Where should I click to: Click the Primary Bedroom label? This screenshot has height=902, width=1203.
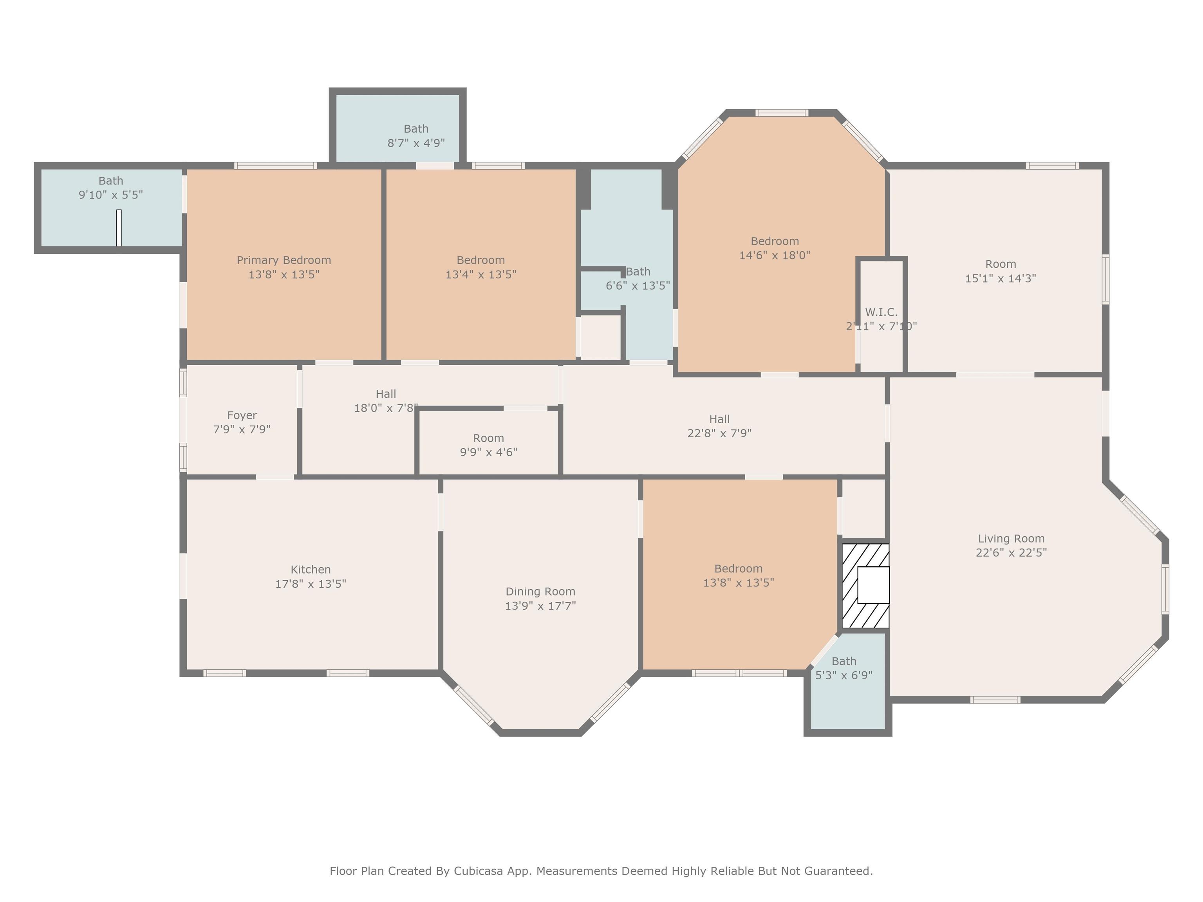(x=284, y=260)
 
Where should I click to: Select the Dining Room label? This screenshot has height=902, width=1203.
(x=540, y=592)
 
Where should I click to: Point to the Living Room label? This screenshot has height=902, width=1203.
(x=1011, y=539)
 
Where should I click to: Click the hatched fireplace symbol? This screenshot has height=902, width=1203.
(x=865, y=586)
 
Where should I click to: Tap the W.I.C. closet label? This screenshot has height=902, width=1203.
(x=881, y=312)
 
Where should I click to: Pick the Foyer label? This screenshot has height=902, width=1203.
(x=242, y=416)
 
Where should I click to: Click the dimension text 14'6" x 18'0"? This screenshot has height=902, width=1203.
(x=775, y=255)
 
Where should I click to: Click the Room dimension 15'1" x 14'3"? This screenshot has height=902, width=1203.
(x=1001, y=278)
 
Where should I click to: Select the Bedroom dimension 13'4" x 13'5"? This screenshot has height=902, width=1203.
(x=481, y=274)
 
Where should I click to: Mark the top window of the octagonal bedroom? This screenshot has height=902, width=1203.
(x=782, y=113)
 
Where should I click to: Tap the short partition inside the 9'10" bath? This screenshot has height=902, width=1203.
(x=119, y=228)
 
